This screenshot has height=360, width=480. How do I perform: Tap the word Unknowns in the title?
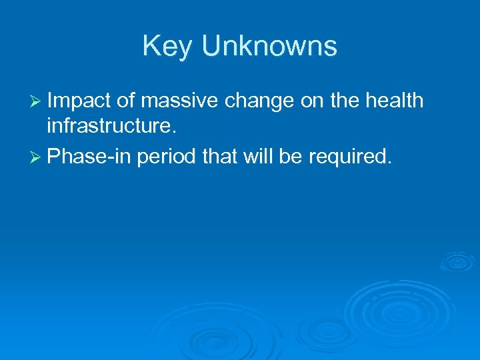(269, 47)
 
